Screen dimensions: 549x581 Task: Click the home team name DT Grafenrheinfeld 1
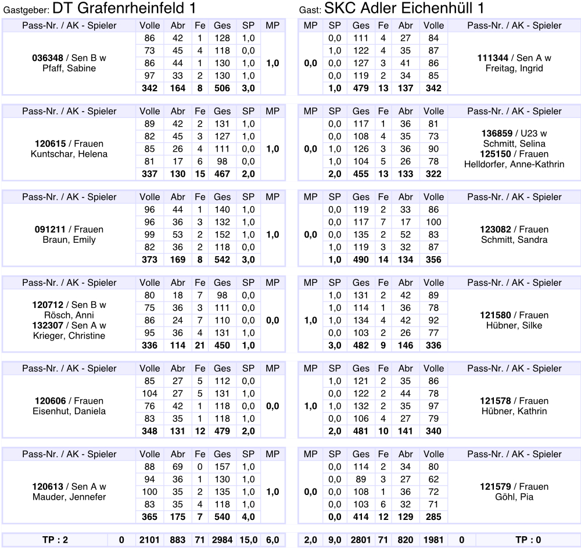click(123, 9)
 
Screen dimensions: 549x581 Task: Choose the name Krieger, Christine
click(69, 336)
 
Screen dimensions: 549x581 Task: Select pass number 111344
click(493, 58)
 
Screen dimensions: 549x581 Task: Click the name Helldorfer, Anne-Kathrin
click(514, 164)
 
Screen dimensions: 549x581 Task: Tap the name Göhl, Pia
click(514, 497)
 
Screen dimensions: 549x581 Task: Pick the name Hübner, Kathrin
click(514, 411)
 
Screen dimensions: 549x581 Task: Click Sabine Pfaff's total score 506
click(222, 88)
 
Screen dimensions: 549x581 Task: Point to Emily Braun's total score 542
click(222, 260)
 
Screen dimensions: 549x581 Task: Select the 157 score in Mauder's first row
click(222, 467)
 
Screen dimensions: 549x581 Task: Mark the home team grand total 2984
click(221, 540)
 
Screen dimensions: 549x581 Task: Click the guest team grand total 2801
click(361, 540)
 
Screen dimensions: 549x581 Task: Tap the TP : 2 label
click(55, 540)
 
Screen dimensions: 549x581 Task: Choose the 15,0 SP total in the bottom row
click(249, 540)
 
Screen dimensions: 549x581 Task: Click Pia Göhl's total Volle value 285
click(433, 516)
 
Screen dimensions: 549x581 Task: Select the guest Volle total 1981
click(433, 540)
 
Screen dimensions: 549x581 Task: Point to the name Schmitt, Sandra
click(514, 240)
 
